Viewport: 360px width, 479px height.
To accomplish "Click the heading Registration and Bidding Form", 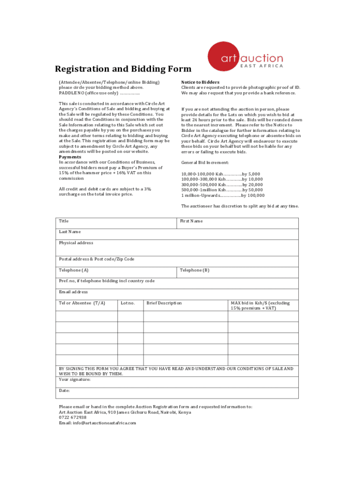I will point(123,69).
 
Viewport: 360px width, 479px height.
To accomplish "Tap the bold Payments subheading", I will point(70,157).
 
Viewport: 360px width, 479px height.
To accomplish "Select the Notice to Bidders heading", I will point(200,82).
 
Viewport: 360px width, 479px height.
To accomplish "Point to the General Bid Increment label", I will point(205,162).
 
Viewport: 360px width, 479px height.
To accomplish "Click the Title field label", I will point(64,221).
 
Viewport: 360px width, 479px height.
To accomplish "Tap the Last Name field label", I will point(70,232).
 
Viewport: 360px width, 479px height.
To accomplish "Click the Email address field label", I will point(73,292).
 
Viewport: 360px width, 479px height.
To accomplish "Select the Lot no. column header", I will point(128,303).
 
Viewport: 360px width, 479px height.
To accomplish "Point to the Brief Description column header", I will point(164,303).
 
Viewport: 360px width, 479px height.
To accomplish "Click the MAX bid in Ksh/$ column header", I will point(260,305).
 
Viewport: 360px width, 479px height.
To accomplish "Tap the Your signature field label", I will point(75,379).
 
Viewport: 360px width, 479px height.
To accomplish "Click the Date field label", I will point(64,391).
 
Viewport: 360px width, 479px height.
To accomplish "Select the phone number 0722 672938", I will point(72,417).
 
